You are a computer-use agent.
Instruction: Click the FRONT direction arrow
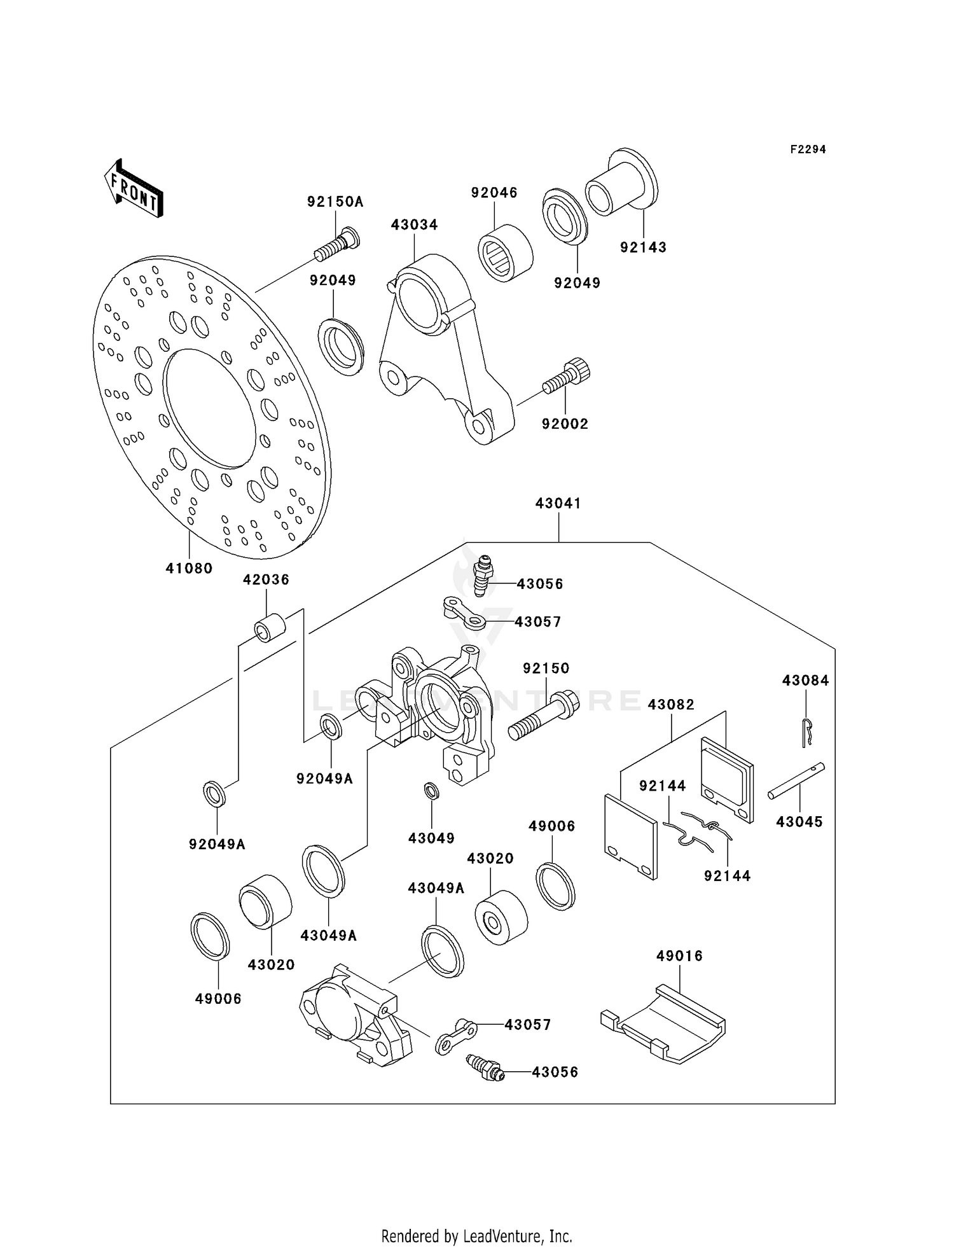pos(134,190)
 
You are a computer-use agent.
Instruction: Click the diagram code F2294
pos(808,149)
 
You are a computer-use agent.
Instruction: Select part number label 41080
pos(189,568)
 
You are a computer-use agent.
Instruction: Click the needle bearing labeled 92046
pos(505,252)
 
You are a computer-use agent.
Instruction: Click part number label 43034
pos(414,225)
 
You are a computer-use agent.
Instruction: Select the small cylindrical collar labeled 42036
pos(270,627)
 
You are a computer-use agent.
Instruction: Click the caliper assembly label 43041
pos(558,503)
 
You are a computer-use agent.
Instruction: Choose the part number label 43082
pos(671,704)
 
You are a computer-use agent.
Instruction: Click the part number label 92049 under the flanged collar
pos(577,283)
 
